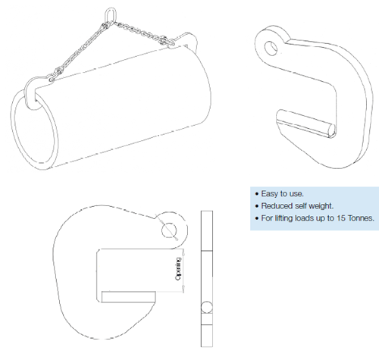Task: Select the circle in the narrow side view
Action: click(205, 308)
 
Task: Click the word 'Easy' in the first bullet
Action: click(267, 193)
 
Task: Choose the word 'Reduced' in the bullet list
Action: click(274, 206)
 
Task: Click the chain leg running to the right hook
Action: click(144, 30)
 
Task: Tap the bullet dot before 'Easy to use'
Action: click(254, 193)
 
